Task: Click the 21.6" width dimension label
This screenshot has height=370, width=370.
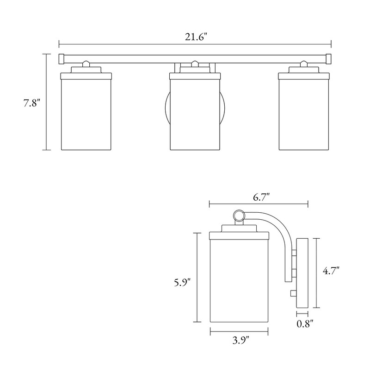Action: pos(196,37)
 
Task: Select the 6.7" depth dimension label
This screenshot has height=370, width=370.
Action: pos(261,197)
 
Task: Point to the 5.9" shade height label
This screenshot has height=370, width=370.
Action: pos(182,282)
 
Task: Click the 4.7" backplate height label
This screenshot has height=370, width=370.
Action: pos(331,271)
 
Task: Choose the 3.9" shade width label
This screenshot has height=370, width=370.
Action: pos(240,340)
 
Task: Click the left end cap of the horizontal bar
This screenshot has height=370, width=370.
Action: pos(62,59)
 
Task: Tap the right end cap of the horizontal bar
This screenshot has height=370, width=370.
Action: pos(328,59)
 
